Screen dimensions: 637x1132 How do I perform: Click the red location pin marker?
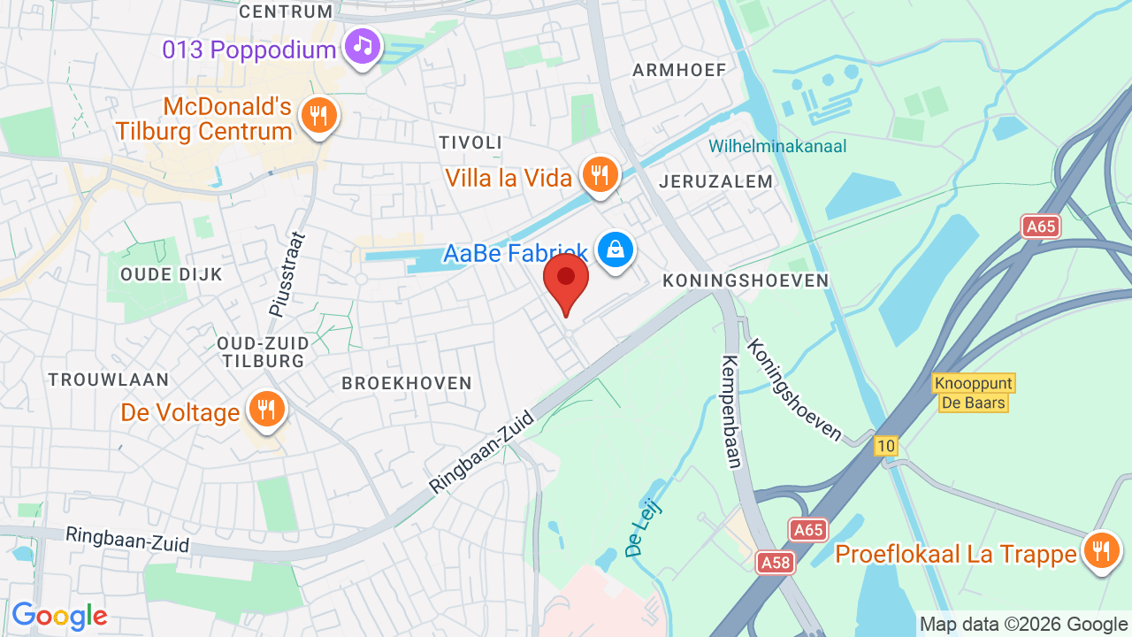(x=566, y=280)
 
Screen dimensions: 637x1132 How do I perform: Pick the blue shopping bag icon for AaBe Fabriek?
(x=615, y=249)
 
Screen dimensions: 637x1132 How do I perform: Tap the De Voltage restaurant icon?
(x=264, y=410)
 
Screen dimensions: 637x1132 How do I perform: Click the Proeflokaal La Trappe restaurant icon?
(x=1101, y=552)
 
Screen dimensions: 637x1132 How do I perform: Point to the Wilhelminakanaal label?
(x=777, y=146)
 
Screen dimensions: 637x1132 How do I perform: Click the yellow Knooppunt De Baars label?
(x=973, y=393)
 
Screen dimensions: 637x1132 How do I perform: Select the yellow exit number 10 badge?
(x=886, y=446)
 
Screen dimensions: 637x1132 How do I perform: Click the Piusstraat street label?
(x=286, y=274)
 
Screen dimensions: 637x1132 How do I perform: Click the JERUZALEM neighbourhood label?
(x=715, y=181)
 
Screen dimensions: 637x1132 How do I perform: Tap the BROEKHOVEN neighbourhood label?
(x=407, y=383)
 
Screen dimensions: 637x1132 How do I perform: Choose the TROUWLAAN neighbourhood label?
(x=109, y=380)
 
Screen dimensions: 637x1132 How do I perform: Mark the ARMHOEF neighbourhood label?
(x=679, y=70)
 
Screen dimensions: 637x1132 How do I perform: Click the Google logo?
(x=59, y=616)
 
